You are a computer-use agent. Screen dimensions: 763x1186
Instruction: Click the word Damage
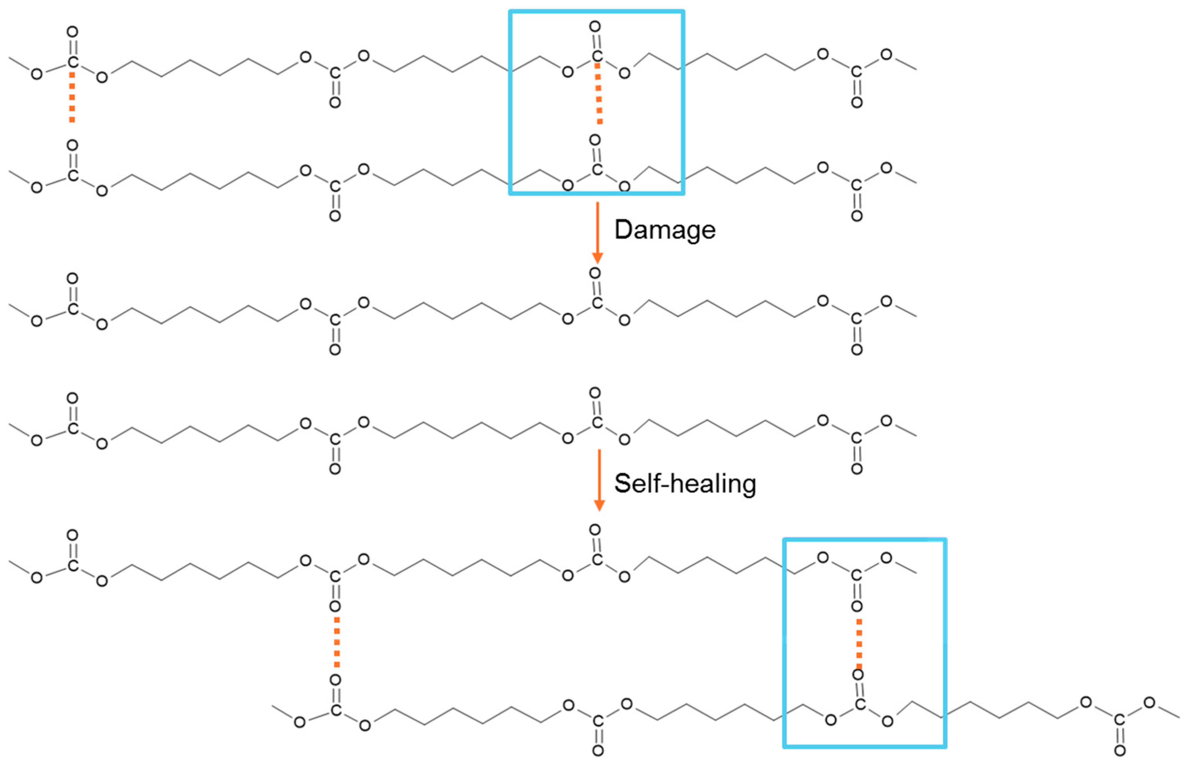pos(665,230)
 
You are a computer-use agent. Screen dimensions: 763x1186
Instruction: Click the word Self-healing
pos(685,484)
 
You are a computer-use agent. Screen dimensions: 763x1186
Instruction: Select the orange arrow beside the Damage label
pos(598,233)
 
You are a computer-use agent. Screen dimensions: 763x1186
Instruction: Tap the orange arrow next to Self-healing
pos(599,480)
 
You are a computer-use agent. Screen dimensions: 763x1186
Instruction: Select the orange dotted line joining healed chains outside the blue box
pos(337,642)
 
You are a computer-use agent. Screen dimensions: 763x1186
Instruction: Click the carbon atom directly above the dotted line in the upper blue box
pos(597,56)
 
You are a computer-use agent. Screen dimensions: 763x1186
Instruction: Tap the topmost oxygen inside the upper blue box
pos(595,26)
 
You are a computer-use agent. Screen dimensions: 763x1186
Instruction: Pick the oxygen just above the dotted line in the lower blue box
pos(857,606)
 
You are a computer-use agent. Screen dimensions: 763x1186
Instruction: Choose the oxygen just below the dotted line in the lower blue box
pos(858,675)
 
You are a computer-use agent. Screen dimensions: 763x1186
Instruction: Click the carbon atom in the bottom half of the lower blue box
pos(860,704)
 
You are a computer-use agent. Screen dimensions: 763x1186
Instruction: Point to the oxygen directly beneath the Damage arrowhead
pos(595,273)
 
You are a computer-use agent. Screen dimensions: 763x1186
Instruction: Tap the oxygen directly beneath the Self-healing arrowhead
pos(595,530)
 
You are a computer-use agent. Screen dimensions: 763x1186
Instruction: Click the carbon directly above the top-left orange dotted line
pos(73,62)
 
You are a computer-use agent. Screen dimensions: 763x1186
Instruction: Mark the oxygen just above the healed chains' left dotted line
pos(335,606)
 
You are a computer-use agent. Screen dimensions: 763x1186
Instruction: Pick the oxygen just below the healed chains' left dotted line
pos(335,679)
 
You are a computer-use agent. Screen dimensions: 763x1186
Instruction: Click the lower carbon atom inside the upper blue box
pos(597,169)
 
